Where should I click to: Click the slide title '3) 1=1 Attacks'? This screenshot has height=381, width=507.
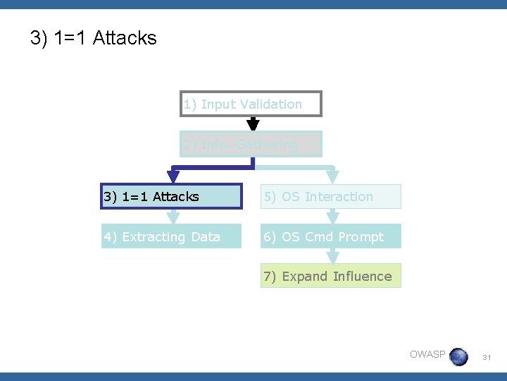click(x=94, y=38)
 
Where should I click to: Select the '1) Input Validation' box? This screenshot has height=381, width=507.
click(x=251, y=104)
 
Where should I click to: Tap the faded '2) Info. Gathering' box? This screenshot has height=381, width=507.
click(x=251, y=145)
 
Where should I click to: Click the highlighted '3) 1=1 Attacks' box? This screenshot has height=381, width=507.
click(x=171, y=197)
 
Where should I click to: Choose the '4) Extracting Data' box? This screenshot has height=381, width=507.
click(x=171, y=236)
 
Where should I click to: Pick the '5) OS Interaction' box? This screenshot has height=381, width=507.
click(x=330, y=197)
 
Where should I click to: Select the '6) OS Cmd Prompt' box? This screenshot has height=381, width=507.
click(x=330, y=236)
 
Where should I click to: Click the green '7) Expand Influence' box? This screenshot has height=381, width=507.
click(x=330, y=276)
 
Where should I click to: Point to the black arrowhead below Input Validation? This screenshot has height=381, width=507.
click(x=253, y=124)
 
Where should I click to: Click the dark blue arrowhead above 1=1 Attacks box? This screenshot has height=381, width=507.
click(x=173, y=176)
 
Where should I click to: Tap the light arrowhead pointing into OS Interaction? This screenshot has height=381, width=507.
click(x=333, y=176)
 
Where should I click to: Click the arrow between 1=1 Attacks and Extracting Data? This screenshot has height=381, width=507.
click(x=173, y=217)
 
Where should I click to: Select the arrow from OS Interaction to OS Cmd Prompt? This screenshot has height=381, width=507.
click(x=333, y=217)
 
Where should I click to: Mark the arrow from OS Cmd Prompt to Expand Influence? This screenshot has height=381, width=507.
click(x=333, y=256)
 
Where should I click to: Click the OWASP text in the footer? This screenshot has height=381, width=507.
click(x=427, y=354)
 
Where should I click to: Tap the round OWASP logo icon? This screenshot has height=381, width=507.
click(x=458, y=356)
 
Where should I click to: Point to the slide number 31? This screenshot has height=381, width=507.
click(x=486, y=358)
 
